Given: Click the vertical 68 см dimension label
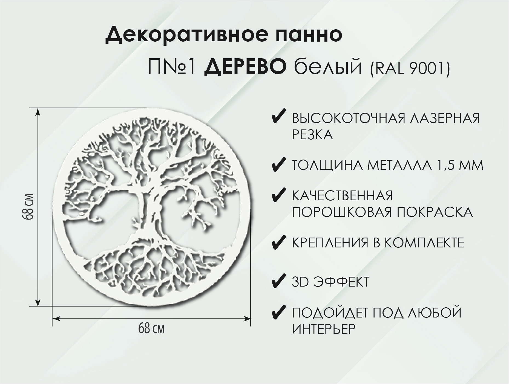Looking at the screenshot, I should (x=29, y=207).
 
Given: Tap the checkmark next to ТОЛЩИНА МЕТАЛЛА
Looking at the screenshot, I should (x=278, y=166).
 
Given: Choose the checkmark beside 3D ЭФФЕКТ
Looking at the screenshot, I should (x=278, y=282).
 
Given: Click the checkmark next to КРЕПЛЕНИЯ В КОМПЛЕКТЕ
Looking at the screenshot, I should (x=278, y=242).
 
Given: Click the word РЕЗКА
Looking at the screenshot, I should (x=312, y=135).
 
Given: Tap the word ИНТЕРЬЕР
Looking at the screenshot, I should (x=324, y=329).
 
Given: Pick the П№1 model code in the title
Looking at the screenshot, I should (x=171, y=68).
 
